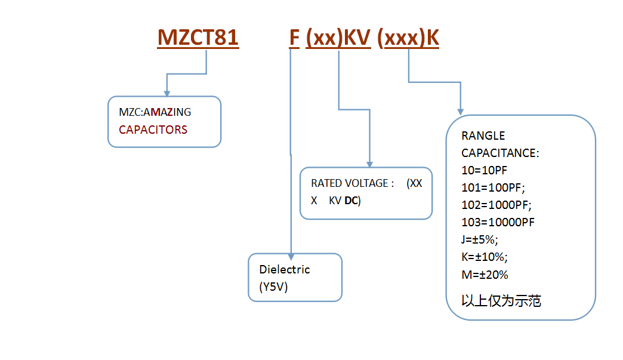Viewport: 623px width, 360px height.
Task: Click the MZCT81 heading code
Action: point(198,38)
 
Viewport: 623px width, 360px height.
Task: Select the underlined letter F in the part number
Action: point(294,38)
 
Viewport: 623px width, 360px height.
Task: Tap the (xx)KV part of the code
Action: point(338,38)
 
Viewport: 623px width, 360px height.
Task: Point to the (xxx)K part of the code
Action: point(408,38)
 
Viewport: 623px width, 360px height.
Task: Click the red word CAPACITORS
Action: point(153,130)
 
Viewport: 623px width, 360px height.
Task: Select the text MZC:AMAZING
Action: point(155,112)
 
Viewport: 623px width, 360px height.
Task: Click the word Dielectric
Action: point(285,269)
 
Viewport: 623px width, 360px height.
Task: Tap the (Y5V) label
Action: point(273,287)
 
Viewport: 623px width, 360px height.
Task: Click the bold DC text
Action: point(352,201)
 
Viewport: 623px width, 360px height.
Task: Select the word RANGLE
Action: point(483,136)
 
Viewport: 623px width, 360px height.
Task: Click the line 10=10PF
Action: point(485,171)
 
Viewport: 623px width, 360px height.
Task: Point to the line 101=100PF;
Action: point(493,187)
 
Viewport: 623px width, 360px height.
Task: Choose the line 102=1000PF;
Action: point(496,205)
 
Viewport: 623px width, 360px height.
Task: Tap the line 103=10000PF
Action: point(498,222)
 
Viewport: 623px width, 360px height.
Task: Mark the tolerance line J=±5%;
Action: point(480,239)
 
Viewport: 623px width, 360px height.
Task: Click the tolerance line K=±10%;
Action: point(485,257)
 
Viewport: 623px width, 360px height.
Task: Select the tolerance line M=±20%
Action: point(485,275)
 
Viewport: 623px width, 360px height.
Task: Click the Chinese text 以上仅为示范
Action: point(501,301)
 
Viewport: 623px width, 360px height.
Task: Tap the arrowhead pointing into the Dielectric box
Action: point(291,257)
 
